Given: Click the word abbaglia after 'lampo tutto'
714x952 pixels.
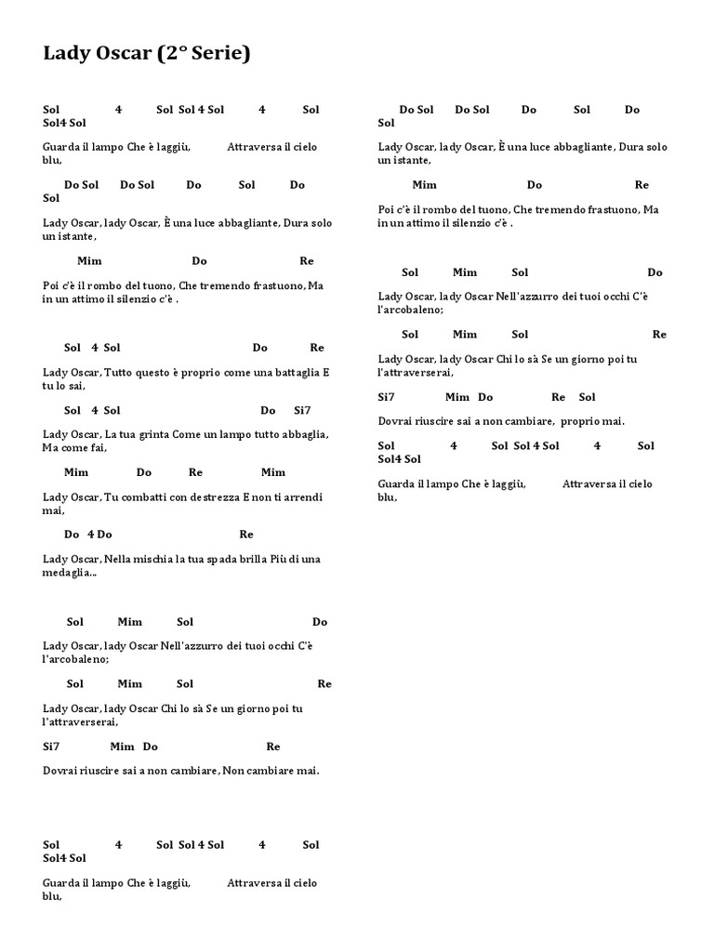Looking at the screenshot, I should (304, 434).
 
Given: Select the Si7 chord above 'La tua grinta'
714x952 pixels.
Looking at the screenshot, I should (302, 410).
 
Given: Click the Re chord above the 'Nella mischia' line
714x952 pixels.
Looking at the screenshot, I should (246, 535).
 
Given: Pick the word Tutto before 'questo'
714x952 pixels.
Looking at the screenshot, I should (121, 373).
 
